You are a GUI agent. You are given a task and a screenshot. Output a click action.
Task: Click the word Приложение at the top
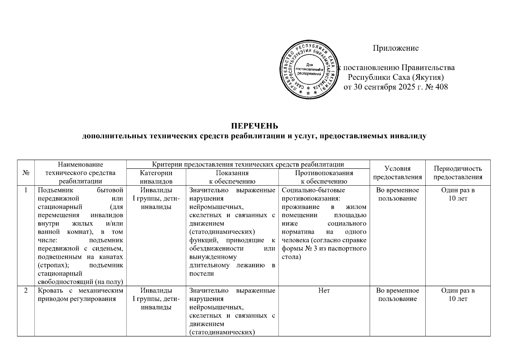[x=396, y=48]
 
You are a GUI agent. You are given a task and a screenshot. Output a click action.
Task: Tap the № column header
[x=26, y=173]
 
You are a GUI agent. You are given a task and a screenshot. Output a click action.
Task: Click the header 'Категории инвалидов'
[x=156, y=177]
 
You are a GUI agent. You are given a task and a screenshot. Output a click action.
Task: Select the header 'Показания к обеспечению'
[x=232, y=177]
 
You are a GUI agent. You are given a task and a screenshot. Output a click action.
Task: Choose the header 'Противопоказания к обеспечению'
[x=324, y=177]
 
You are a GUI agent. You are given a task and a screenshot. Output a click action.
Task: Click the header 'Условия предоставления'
[x=397, y=173]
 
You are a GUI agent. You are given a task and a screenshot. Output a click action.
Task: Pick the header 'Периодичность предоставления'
[x=458, y=173]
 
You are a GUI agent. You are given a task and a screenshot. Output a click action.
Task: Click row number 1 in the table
[x=26, y=190]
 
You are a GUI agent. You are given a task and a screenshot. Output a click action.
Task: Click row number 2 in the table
[x=26, y=290]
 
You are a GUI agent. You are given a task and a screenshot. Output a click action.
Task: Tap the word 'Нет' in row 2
[x=324, y=290]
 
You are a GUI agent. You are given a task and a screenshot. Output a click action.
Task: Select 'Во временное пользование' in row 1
[x=397, y=194]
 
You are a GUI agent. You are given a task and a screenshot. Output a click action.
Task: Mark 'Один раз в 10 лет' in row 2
[x=458, y=295]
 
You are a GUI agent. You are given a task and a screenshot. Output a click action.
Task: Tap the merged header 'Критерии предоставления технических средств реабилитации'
[x=248, y=164]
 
